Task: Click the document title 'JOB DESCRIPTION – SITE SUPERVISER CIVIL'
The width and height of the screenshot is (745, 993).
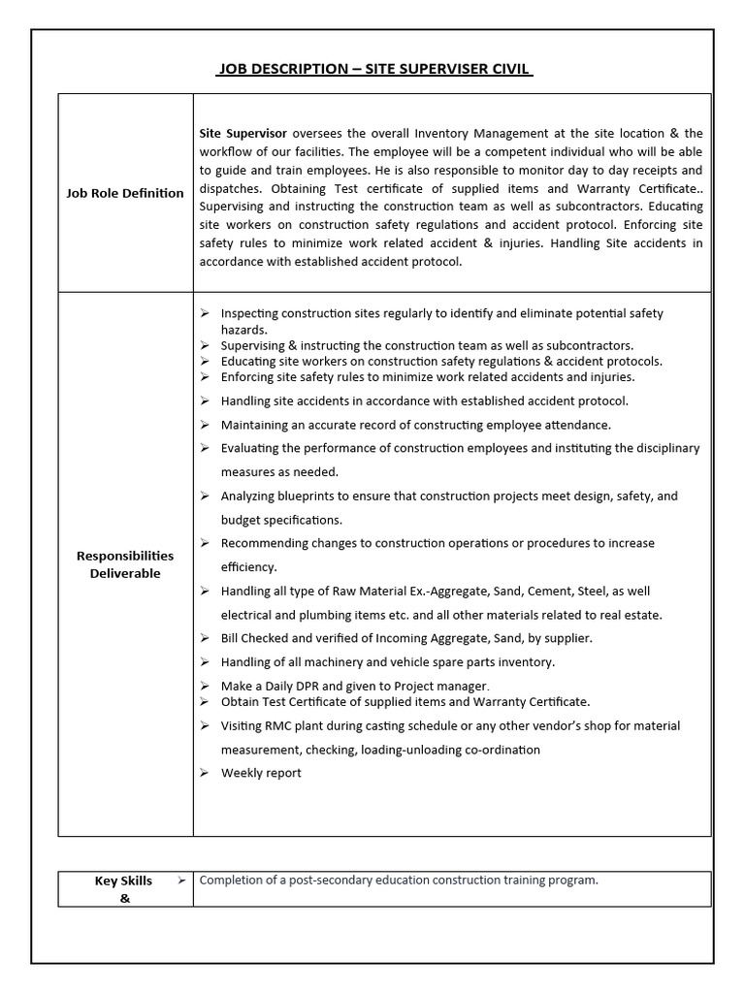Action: point(373,69)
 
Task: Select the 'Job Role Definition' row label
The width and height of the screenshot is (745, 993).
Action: point(124,193)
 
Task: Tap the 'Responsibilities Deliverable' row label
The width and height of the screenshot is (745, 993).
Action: point(125,564)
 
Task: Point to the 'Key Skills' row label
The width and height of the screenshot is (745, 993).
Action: point(123,881)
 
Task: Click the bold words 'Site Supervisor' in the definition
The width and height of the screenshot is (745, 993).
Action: point(243,133)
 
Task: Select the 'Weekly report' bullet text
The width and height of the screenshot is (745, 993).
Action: point(261,773)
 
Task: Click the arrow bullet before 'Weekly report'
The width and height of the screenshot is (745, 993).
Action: point(205,773)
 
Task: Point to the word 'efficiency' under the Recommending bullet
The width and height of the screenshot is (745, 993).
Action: point(249,567)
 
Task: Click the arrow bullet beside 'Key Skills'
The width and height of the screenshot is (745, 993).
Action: point(180,881)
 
